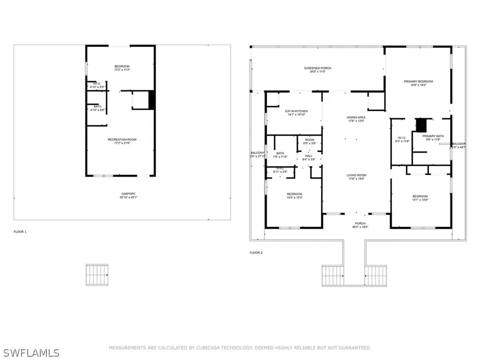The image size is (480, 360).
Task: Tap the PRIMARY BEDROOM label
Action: (x=418, y=82)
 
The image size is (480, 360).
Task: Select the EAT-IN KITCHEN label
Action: (x=296, y=111)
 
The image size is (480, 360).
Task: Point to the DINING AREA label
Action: (x=356, y=117)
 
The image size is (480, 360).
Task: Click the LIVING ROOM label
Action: (x=356, y=175)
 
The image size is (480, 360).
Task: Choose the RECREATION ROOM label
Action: (x=122, y=140)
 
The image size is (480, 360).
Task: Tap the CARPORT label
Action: (x=122, y=194)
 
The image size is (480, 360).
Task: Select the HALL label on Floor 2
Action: (x=309, y=156)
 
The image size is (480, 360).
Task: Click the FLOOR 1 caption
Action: (x=20, y=232)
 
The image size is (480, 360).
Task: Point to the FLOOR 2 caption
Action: (x=256, y=253)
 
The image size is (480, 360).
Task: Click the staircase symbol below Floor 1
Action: (x=97, y=274)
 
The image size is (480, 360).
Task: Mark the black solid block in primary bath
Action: (x=422, y=125)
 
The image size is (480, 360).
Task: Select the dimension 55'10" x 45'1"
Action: (x=122, y=197)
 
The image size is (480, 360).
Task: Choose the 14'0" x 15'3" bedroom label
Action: (x=294, y=196)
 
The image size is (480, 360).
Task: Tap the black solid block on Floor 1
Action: (x=151, y=99)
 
